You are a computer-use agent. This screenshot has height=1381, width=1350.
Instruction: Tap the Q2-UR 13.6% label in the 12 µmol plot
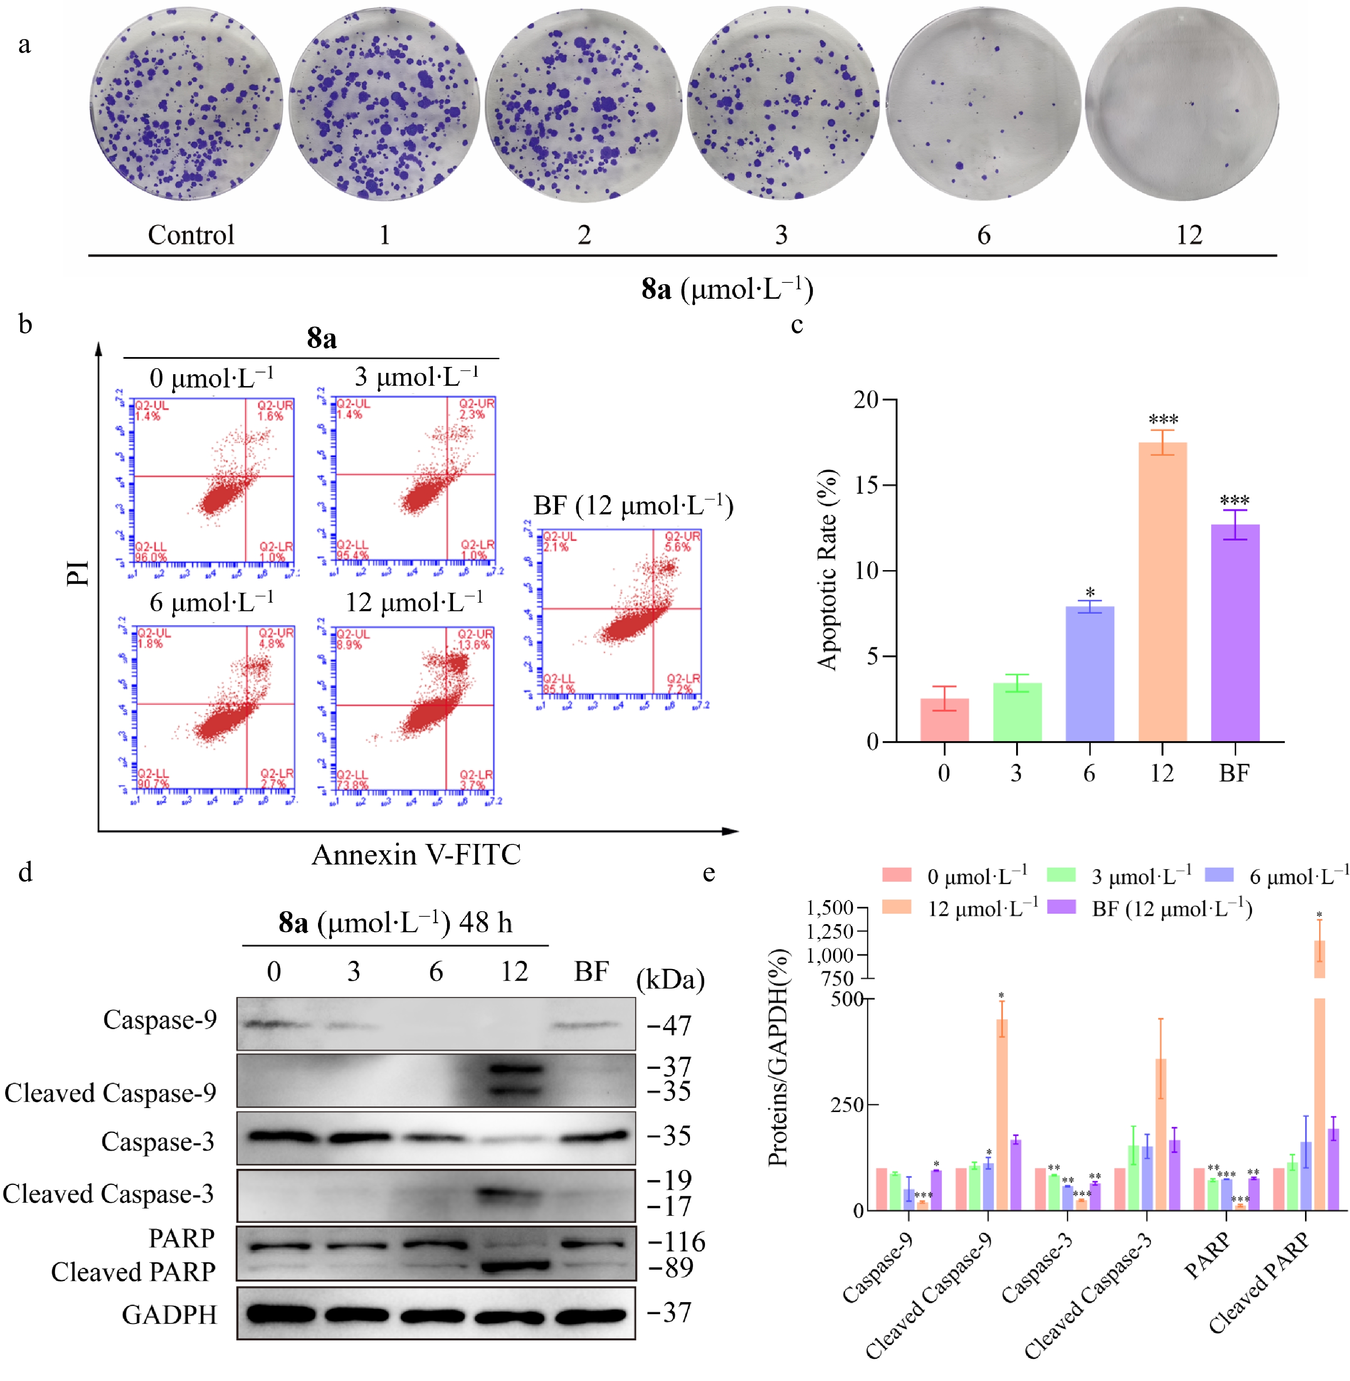tap(474, 639)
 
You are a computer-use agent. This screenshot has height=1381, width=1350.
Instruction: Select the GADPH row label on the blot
tap(169, 1315)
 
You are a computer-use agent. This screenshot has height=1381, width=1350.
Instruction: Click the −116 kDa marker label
tap(676, 1242)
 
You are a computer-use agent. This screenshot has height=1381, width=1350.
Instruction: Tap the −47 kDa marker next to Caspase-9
tap(669, 1025)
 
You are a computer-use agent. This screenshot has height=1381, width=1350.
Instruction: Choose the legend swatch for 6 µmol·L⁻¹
tap(1219, 875)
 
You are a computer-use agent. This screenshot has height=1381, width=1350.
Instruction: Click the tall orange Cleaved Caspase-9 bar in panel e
tap(1002, 1114)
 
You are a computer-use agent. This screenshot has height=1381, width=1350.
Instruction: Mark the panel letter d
tap(26, 872)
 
